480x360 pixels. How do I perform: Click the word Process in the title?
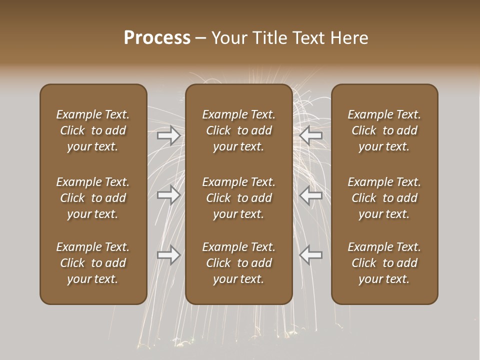point(157,38)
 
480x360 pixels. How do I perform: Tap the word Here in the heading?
point(350,38)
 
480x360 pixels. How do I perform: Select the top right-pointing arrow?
point(169,135)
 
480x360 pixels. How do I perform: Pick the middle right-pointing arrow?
point(169,195)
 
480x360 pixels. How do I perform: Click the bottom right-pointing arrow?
point(169,255)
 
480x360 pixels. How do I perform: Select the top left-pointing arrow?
point(311,135)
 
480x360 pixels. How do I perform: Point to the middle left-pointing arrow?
point(311,195)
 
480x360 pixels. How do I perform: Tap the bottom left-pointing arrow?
point(311,255)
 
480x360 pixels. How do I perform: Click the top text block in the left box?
point(93,130)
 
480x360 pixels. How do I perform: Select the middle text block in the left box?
point(93,198)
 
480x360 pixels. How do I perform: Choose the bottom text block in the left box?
point(93,263)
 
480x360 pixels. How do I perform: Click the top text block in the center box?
point(238,130)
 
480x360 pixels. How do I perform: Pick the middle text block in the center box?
point(238,198)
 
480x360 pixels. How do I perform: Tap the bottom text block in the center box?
point(238,263)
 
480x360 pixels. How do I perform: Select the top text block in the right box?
point(384,130)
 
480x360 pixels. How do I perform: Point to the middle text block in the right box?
point(384,198)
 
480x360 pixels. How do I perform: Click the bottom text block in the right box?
point(384,263)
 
